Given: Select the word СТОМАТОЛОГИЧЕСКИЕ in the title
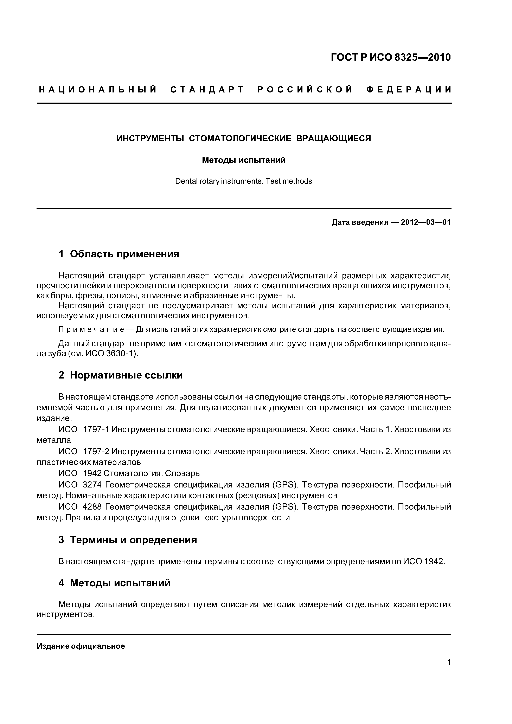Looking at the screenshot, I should click(x=240, y=138).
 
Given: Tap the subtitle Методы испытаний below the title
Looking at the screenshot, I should click(x=244, y=160).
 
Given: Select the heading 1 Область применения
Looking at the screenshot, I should click(x=119, y=254).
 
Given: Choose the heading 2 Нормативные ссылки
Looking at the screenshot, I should click(x=121, y=375).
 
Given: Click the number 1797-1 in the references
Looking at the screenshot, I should click(x=96, y=429).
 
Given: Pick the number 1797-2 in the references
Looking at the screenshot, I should click(x=96, y=452).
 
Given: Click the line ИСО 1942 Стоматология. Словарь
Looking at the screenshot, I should click(x=129, y=473).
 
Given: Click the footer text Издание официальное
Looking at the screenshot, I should click(x=81, y=646).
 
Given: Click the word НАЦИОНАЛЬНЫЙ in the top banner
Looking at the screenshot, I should click(x=98, y=90).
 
